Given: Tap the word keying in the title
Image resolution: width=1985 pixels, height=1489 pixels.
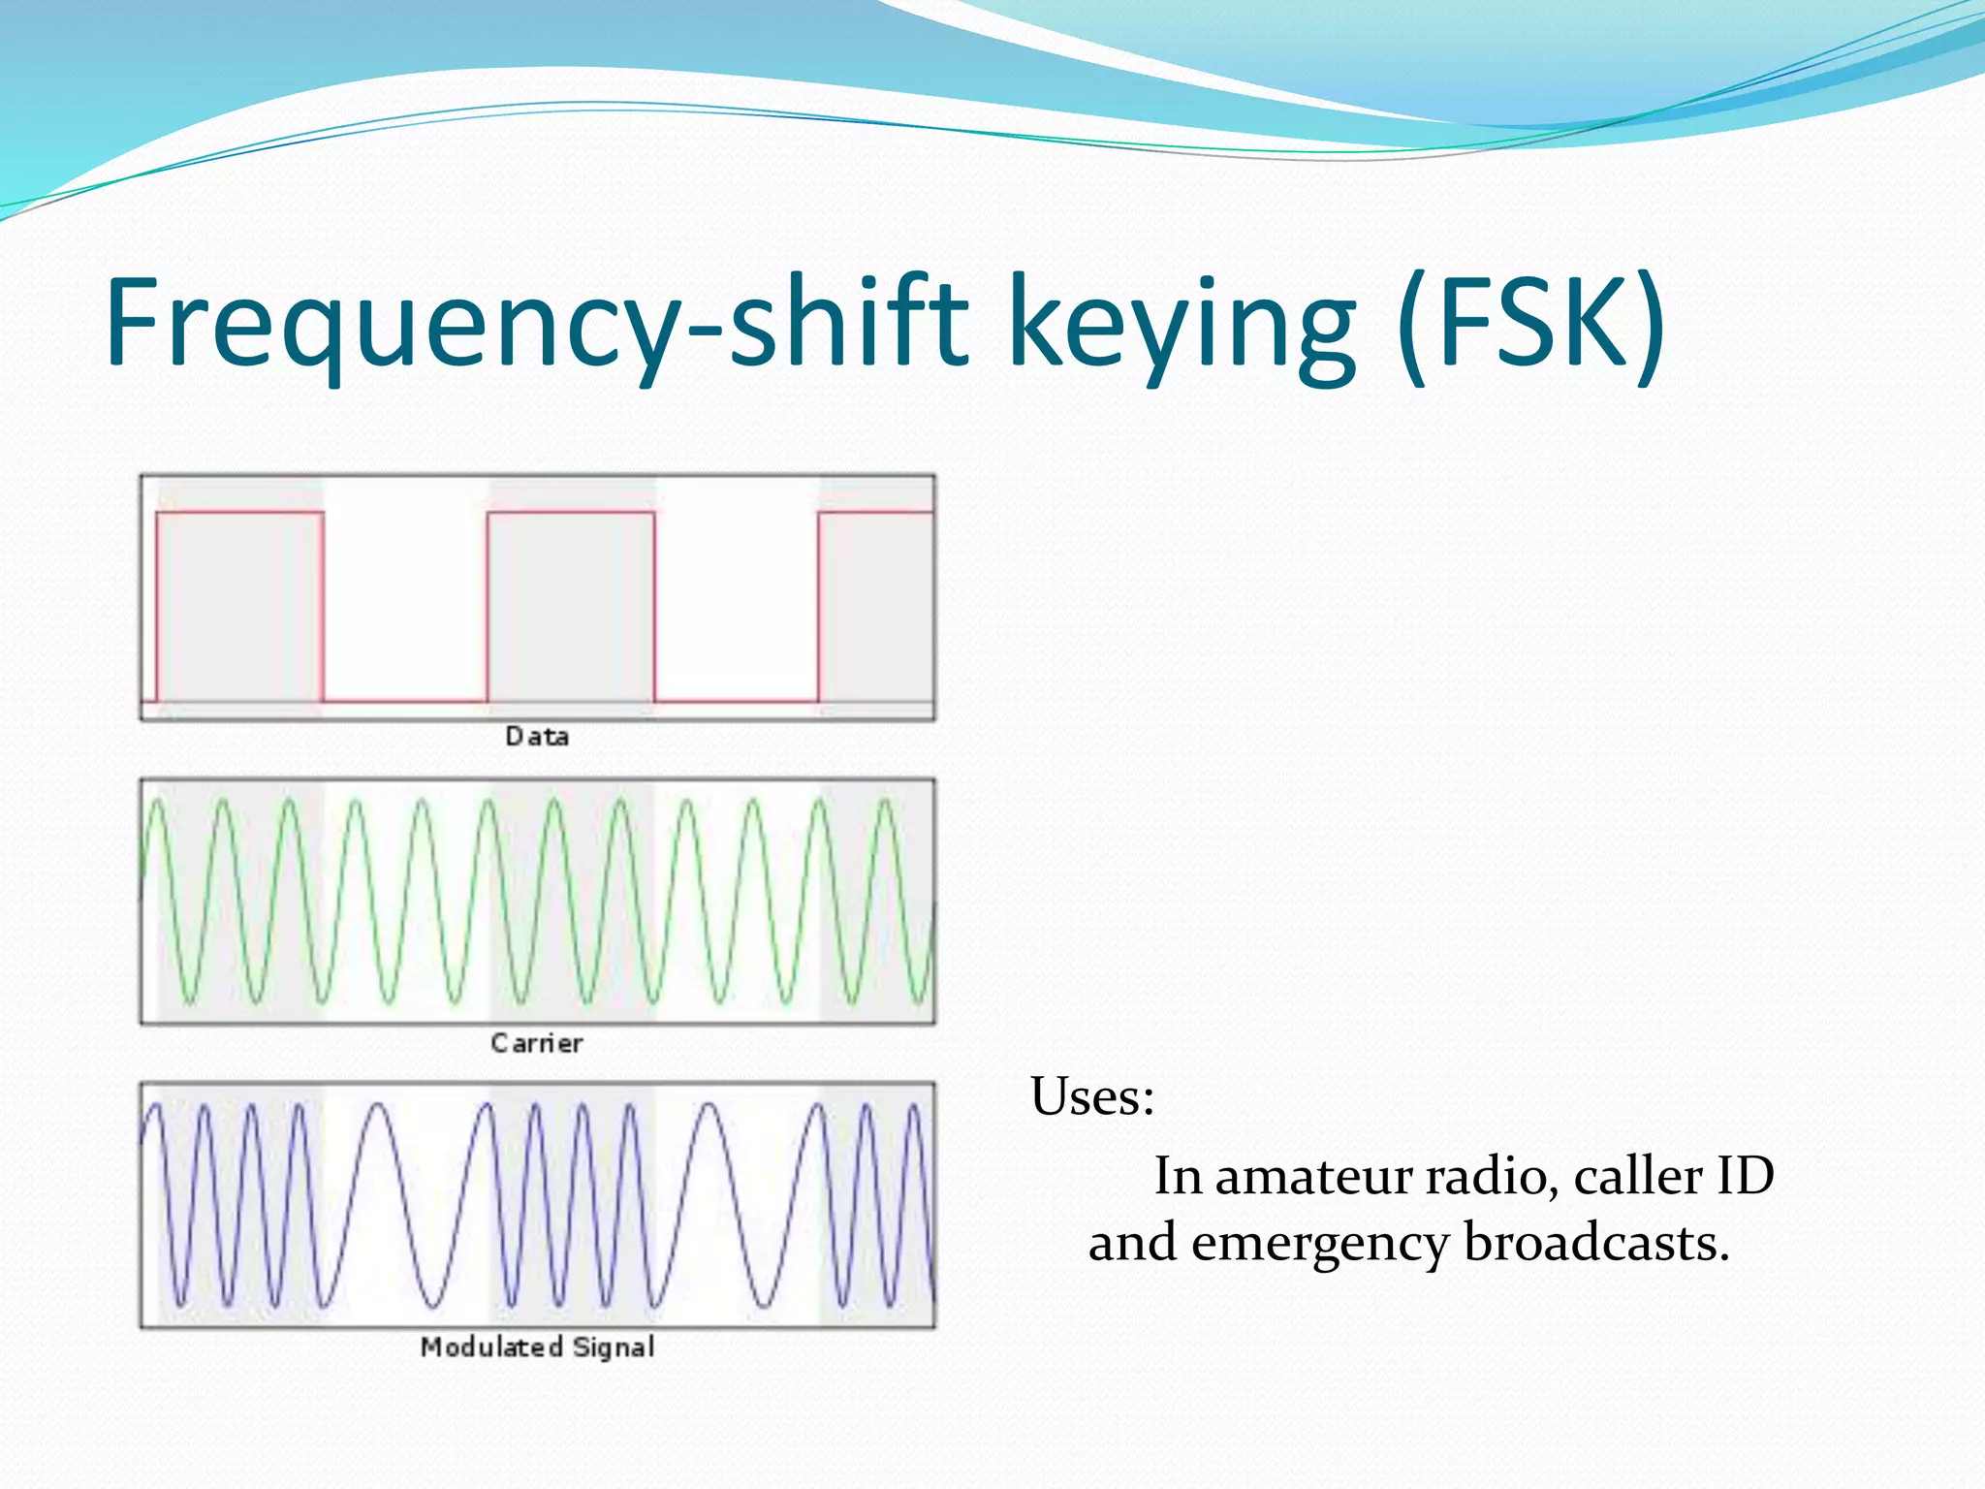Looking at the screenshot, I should coord(1182,323).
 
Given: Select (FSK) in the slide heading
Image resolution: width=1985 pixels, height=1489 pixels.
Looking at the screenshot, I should coord(1531,323).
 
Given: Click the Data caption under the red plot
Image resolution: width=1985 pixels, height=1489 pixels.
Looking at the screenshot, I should coord(537,737).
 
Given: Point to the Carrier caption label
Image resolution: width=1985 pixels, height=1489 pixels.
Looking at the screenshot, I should coord(537,1044).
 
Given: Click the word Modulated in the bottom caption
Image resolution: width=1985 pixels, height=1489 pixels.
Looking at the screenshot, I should coord(491,1347).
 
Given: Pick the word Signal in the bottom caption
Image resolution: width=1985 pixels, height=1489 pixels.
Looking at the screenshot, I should coord(614,1347).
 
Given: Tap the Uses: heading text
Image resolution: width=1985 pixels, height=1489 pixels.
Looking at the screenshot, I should coord(1092,1098).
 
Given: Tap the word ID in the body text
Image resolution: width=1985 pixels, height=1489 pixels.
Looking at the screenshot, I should coord(1745,1177).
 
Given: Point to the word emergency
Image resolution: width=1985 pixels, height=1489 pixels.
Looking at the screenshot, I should coord(1319,1244).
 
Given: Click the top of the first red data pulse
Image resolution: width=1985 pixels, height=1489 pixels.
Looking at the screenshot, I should coord(239,513).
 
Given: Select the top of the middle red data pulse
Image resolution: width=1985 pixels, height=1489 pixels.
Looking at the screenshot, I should coord(571,513).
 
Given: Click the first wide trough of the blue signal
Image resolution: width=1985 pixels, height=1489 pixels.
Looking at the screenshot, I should coord(432,1304).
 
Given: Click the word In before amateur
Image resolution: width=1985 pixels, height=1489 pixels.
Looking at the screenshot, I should coord(1178,1177).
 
